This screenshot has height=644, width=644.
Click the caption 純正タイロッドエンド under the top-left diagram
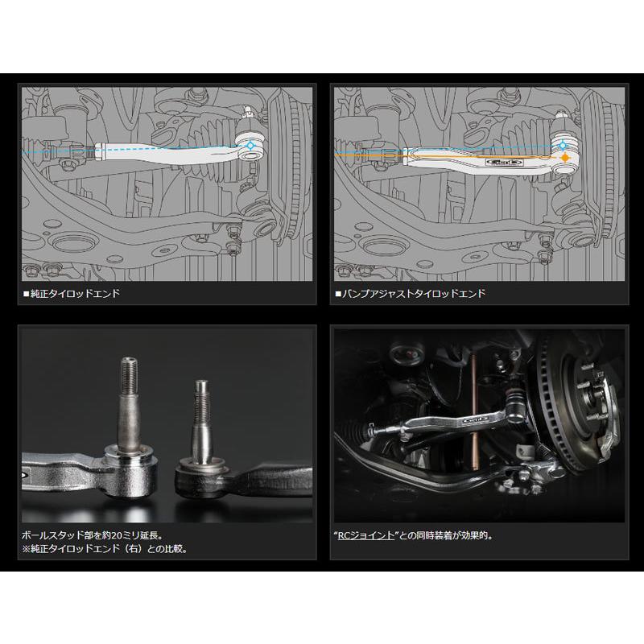pyautogui.click(x=75, y=293)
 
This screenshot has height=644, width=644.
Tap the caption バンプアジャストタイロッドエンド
pyautogui.click(x=414, y=293)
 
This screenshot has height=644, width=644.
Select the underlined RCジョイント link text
pyautogui.click(x=365, y=535)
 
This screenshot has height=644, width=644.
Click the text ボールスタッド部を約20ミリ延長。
pyautogui.click(x=93, y=535)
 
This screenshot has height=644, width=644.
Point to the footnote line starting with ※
pyautogui.click(x=105, y=549)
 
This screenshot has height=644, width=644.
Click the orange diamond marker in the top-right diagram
pyautogui.click(x=566, y=157)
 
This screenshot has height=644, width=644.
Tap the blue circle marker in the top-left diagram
pyautogui.click(x=250, y=146)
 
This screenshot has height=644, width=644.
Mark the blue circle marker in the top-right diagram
pyautogui.click(x=562, y=146)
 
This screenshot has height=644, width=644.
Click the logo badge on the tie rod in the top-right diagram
pyautogui.click(x=505, y=162)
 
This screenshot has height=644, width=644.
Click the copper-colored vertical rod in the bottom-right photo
pyautogui.click(x=475, y=411)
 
